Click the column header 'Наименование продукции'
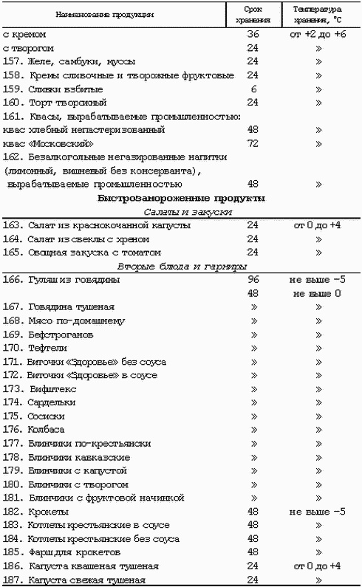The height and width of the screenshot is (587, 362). pyautogui.click(x=120, y=14)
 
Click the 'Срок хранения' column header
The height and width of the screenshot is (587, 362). pyautogui.click(x=253, y=14)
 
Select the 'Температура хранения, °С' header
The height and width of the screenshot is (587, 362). pyautogui.click(x=319, y=14)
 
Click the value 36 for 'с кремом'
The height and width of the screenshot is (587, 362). pyautogui.click(x=253, y=35)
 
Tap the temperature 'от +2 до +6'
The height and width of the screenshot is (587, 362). pyautogui.click(x=319, y=35)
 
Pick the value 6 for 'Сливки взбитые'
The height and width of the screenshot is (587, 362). pyautogui.click(x=253, y=89)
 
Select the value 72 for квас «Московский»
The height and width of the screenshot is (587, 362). pyautogui.click(x=253, y=143)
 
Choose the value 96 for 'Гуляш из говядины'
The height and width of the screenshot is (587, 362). pyautogui.click(x=253, y=280)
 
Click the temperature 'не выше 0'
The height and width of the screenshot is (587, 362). pyautogui.click(x=319, y=293)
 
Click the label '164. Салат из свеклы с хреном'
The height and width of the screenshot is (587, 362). pyautogui.click(x=74, y=238)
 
